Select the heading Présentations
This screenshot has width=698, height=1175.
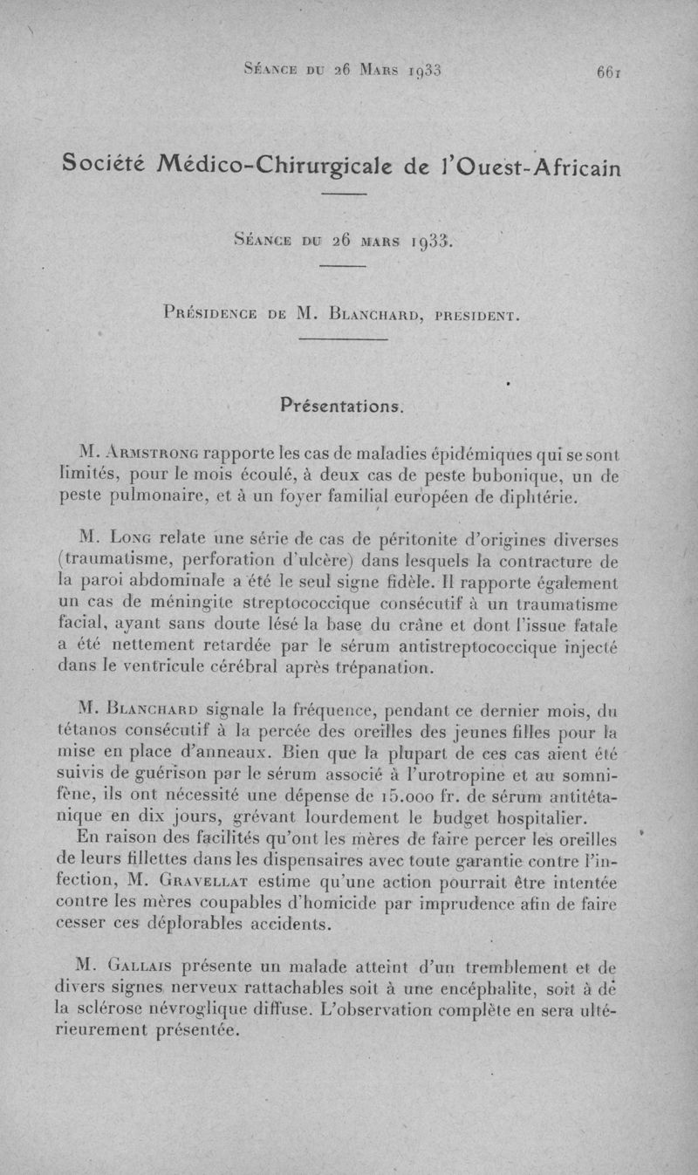(341, 406)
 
